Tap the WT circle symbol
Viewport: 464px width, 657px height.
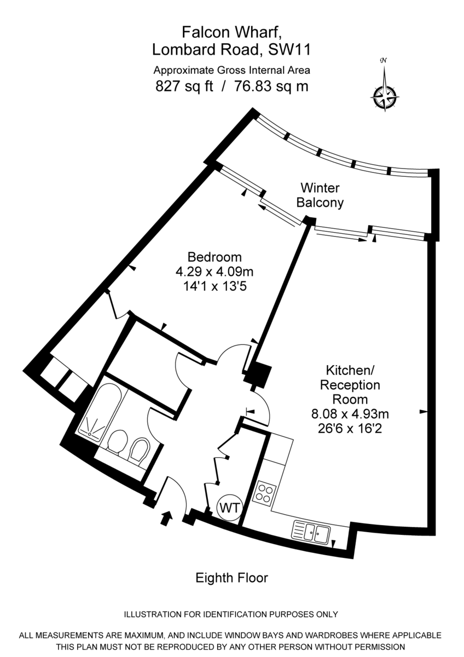[229, 508]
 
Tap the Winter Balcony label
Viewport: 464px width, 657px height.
[320, 195]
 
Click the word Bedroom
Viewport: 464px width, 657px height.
[214, 257]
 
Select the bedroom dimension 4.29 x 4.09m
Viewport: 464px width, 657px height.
[214, 271]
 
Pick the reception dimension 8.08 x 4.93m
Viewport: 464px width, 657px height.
[351, 413]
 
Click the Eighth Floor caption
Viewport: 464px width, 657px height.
[232, 578]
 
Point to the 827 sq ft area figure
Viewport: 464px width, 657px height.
[184, 86]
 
